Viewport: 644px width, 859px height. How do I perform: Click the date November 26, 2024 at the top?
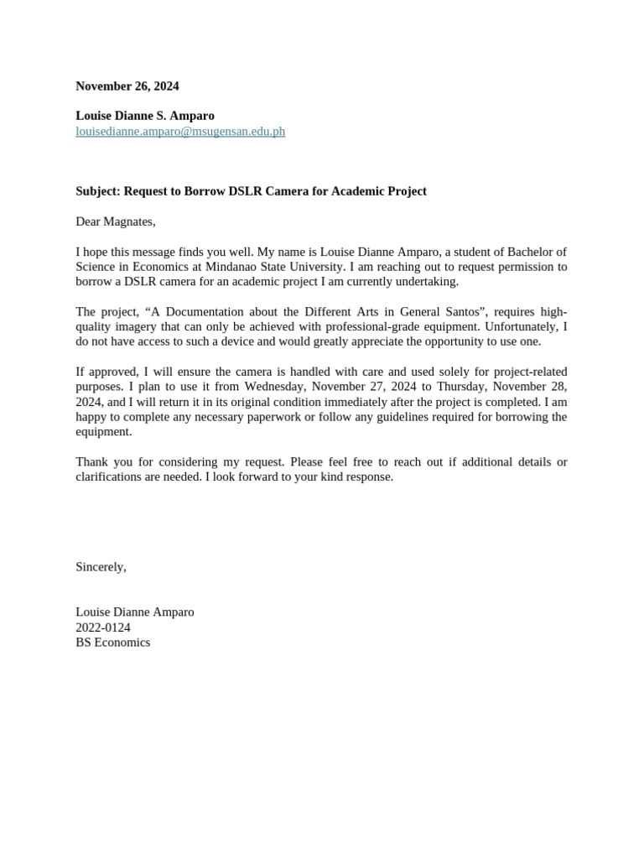[x=127, y=86]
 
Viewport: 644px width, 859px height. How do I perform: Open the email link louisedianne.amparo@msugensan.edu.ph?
[x=180, y=132]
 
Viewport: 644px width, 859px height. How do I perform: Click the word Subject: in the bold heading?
[x=98, y=191]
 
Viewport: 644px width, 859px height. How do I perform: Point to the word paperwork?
[x=304, y=417]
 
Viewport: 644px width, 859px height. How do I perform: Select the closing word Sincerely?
[x=100, y=567]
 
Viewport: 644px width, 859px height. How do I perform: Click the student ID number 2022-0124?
[x=103, y=627]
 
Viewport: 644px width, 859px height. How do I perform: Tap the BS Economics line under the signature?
[x=113, y=643]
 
